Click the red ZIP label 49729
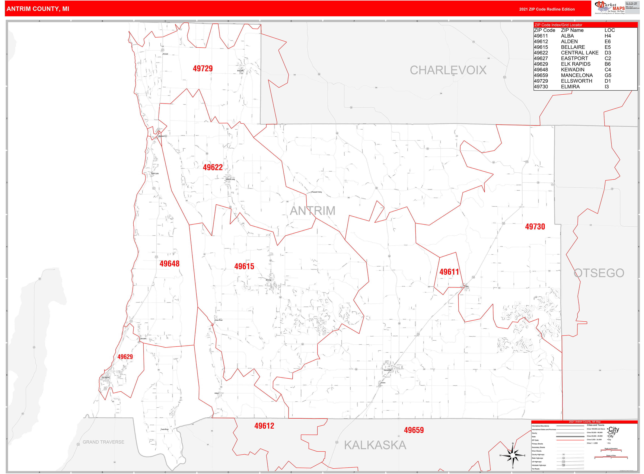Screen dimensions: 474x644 pos(203,69)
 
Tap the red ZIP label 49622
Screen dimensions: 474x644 pos(213,168)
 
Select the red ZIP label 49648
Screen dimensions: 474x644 pos(169,264)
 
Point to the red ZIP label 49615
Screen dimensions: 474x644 pos(244,267)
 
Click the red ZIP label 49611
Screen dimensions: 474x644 pos(449,272)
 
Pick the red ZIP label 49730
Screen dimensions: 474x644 pos(535,227)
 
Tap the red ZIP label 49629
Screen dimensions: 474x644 pos(125,357)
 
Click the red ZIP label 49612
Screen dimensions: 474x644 pos(264,426)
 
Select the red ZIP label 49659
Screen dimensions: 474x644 pos(414,430)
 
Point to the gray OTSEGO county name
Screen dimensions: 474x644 pos(599,273)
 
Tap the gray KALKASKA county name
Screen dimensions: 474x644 pos(375,445)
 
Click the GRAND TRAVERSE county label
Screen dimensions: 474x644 pos(103,442)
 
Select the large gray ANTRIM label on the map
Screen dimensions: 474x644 pos(313,211)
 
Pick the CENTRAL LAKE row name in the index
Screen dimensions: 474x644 pos(580,53)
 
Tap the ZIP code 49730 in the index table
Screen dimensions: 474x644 pos(541,87)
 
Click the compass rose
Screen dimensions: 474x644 pos(513,455)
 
